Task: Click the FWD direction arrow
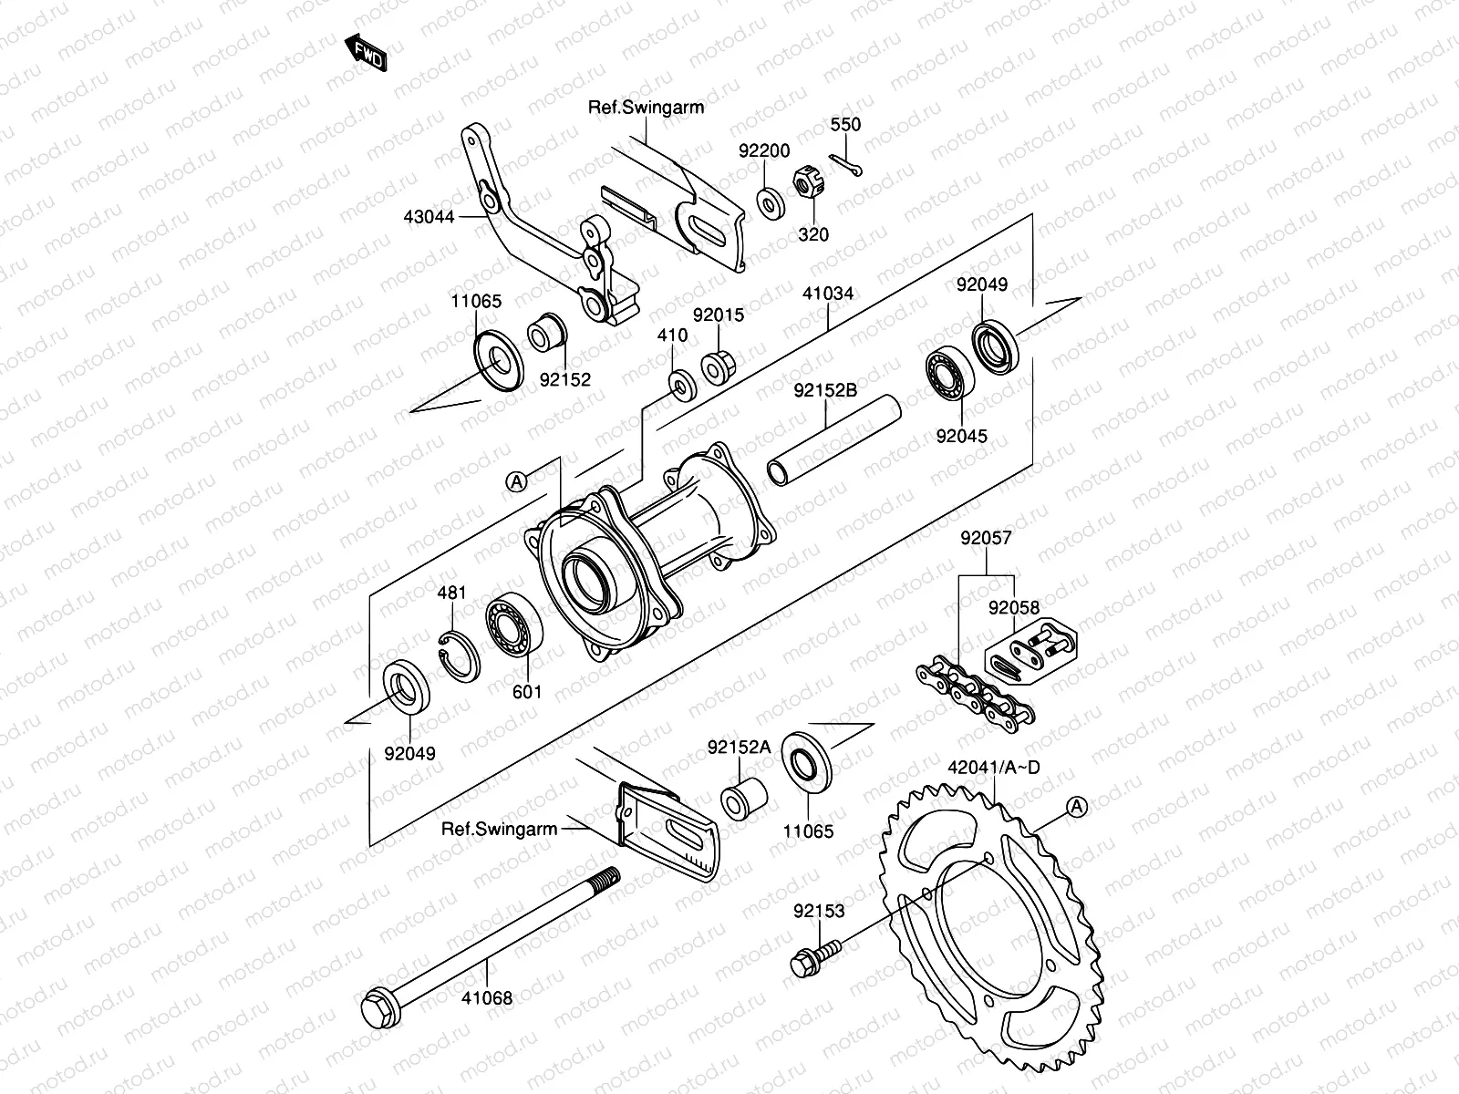[367, 54]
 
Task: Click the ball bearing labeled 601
[513, 624]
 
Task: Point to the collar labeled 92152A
[743, 798]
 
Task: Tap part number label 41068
[487, 998]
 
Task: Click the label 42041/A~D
[993, 767]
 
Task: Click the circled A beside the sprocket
[1077, 806]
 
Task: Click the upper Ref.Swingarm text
[646, 107]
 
